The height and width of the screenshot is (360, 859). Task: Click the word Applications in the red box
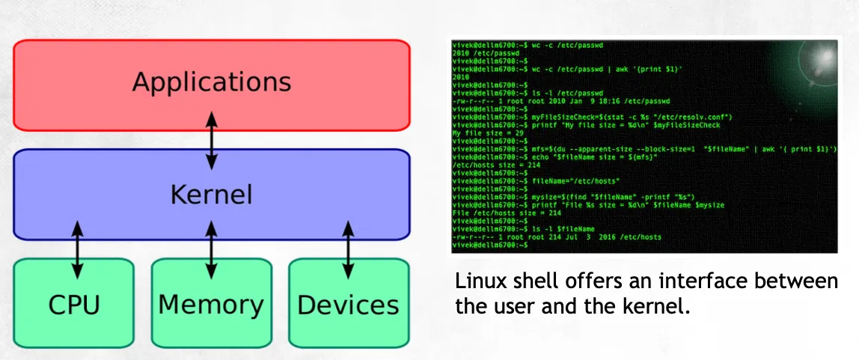(211, 81)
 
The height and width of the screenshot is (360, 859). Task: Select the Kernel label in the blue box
(211, 195)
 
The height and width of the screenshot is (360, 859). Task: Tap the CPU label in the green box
(74, 305)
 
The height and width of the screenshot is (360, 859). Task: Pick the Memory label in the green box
(211, 305)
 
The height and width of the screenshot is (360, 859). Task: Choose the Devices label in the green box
(348, 305)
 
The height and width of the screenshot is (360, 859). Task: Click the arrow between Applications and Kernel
(212, 140)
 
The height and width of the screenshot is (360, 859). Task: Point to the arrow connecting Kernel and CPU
(76, 248)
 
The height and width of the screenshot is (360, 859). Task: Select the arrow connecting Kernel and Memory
(212, 248)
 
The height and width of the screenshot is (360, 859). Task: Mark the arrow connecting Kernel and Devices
(348, 248)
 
